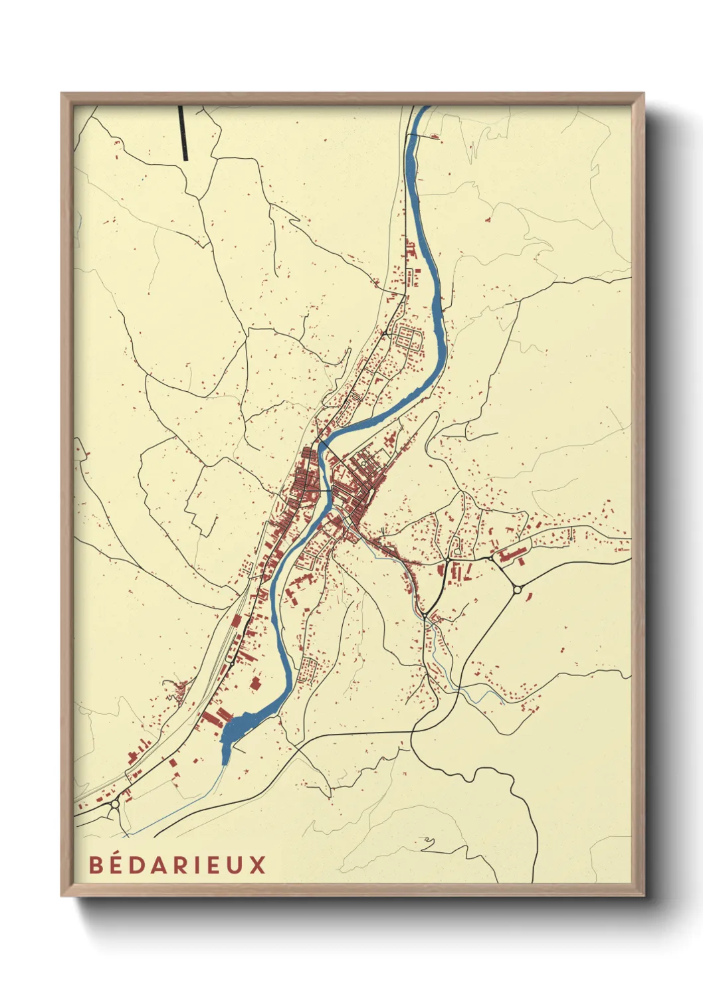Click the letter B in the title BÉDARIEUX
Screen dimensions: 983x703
pyautogui.click(x=96, y=865)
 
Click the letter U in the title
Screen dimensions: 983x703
pyautogui.click(x=236, y=865)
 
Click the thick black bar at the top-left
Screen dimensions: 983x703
pyautogui.click(x=183, y=133)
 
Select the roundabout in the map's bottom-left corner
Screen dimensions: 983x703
pyautogui.click(x=116, y=804)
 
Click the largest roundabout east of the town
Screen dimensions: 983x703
pyautogui.click(x=517, y=589)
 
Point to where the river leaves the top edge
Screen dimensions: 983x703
pyautogui.click(x=423, y=108)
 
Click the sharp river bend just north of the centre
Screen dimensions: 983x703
pyautogui.click(x=324, y=446)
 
